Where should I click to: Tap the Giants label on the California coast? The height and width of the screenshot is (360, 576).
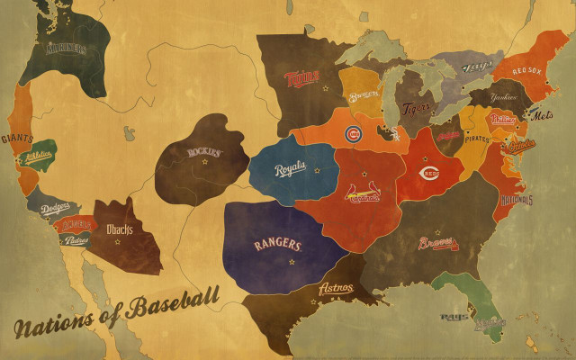17,139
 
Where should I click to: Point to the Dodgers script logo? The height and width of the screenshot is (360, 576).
56,208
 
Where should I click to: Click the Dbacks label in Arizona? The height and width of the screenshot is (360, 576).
120,229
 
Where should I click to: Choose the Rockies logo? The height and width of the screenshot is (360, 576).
204,152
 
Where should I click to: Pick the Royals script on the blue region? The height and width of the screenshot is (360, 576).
290,168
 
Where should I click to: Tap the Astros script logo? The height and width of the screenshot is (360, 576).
336,289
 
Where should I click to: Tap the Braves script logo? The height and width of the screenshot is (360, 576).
437,243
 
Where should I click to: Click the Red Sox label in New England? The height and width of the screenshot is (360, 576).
529,70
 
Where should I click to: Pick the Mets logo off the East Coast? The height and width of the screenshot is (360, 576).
543,115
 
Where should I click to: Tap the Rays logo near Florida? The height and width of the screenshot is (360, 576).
451,317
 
